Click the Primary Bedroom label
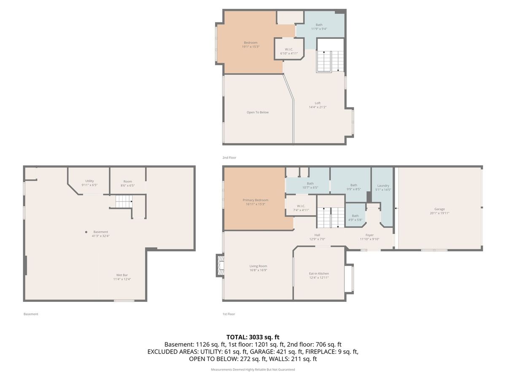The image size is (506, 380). click(x=255, y=202)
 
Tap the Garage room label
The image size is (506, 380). click(x=439, y=211)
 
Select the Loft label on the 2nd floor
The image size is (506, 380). click(x=318, y=105)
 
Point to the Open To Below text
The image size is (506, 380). click(x=258, y=112)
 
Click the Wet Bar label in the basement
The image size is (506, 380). click(x=122, y=277)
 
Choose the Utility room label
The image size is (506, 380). click(x=89, y=183)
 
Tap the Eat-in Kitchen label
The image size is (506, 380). click(x=319, y=275)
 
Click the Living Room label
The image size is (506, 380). click(x=258, y=268)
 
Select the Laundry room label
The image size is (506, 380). click(x=383, y=187)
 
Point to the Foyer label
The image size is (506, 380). click(x=369, y=237)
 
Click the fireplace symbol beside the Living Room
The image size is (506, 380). click(x=220, y=265)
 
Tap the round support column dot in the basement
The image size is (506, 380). click(x=86, y=232)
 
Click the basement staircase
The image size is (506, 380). click(x=124, y=201)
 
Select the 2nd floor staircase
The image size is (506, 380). click(x=330, y=61)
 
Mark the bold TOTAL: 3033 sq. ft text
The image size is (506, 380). click(x=253, y=337)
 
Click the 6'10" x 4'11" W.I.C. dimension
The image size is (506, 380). click(x=289, y=53)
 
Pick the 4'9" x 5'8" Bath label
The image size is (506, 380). click(x=355, y=218)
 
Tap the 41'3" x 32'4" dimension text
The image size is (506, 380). click(x=100, y=236)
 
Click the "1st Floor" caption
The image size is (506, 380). click(x=229, y=314)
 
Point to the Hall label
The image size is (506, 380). click(x=317, y=237)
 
